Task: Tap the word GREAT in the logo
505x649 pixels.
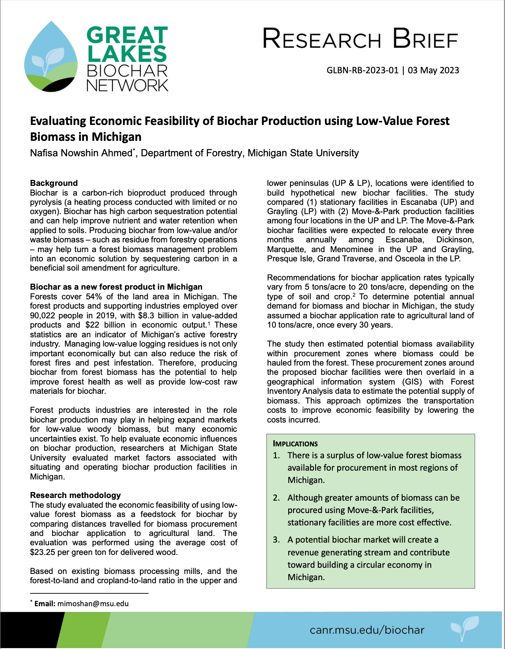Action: point(127,35)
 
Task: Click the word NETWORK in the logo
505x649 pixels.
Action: point(127,84)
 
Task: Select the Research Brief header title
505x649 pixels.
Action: point(360,39)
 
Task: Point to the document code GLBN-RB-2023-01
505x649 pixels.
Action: point(362,70)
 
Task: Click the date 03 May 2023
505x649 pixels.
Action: point(433,70)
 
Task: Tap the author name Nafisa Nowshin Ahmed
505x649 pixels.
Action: point(81,153)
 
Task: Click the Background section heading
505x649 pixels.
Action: point(54,183)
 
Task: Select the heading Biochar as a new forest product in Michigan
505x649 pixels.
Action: point(116,287)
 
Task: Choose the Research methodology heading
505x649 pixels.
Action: point(75,495)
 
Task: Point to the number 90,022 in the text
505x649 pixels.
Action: point(45,316)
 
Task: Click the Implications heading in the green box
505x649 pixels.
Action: point(295,444)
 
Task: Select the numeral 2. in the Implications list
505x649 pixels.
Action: point(276,498)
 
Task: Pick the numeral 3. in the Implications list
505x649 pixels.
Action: point(276,540)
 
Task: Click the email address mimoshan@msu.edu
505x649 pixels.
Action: point(93,604)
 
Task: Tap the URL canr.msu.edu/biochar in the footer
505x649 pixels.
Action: point(367,630)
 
